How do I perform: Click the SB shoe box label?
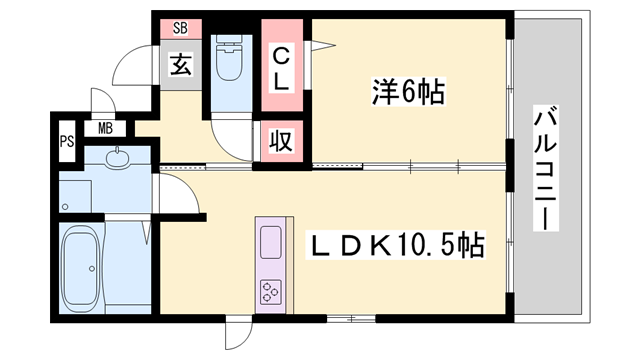pyautogui.click(x=180, y=28)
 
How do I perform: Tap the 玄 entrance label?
pyautogui.click(x=180, y=65)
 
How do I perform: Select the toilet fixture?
pyautogui.click(x=229, y=58)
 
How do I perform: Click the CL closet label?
pyautogui.click(x=281, y=69)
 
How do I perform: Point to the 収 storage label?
pyautogui.click(x=281, y=141)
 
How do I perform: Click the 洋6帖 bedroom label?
pyautogui.click(x=408, y=91)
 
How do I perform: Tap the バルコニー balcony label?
pyautogui.click(x=545, y=168)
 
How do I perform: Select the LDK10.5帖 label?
pyautogui.click(x=396, y=245)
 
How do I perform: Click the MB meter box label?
pyautogui.click(x=105, y=129)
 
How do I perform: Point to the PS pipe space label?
pyautogui.click(x=67, y=141)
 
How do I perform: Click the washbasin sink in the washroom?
pyautogui.click(x=117, y=159)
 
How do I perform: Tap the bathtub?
pyautogui.click(x=82, y=268)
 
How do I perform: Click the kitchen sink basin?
pyautogui.click(x=271, y=242)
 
